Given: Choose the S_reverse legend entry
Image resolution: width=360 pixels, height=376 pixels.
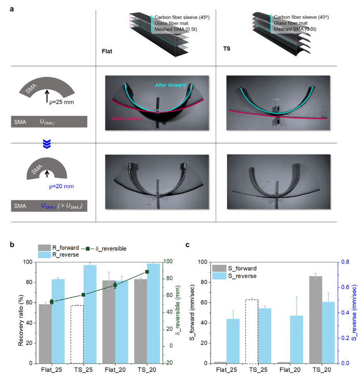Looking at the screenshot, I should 242,276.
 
